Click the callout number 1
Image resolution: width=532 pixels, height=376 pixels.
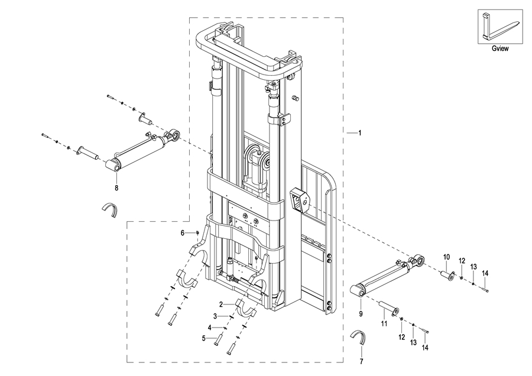click(x=360, y=133)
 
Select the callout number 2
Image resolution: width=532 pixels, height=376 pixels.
click(x=221, y=304)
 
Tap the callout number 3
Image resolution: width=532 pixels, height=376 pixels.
click(x=215, y=316)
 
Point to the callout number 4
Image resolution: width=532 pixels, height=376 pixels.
click(x=210, y=328)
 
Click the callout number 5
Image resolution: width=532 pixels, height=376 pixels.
click(x=204, y=338)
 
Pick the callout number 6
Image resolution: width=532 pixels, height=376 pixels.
click(x=183, y=233)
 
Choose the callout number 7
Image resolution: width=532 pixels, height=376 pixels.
click(x=361, y=362)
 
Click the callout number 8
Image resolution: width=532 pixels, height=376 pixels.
click(x=116, y=188)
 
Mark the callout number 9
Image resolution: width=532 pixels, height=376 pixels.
click(x=361, y=314)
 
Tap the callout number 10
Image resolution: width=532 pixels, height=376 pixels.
click(x=446, y=257)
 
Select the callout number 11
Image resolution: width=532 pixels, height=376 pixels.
click(x=384, y=324)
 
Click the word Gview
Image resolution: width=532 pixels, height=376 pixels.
click(x=500, y=48)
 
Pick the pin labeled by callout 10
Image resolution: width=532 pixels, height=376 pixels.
click(x=447, y=275)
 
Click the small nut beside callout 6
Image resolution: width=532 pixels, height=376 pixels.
click(x=197, y=232)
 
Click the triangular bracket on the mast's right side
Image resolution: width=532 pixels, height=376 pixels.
click(x=300, y=200)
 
